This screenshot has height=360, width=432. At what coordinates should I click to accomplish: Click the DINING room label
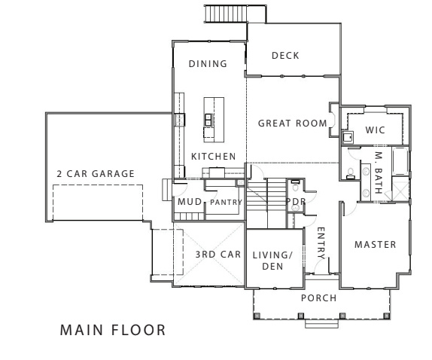pos(208,64)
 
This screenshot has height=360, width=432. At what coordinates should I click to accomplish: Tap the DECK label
pos(286,55)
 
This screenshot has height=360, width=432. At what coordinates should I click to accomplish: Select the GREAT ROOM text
pos(292,123)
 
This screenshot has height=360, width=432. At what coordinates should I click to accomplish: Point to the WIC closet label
pos(375,130)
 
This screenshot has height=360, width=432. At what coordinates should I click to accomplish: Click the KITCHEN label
pos(214,156)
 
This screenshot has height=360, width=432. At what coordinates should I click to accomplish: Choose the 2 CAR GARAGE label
pos(96,174)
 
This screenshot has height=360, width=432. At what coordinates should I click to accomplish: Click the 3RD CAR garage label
pos(218,255)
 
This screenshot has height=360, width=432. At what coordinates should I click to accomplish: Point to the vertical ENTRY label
pos(321,243)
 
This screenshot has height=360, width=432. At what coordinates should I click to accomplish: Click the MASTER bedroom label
pos(375,246)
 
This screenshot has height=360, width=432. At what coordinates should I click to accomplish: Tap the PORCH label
pos(318,297)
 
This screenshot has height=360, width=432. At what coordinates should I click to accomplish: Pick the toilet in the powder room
pos(297,185)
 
